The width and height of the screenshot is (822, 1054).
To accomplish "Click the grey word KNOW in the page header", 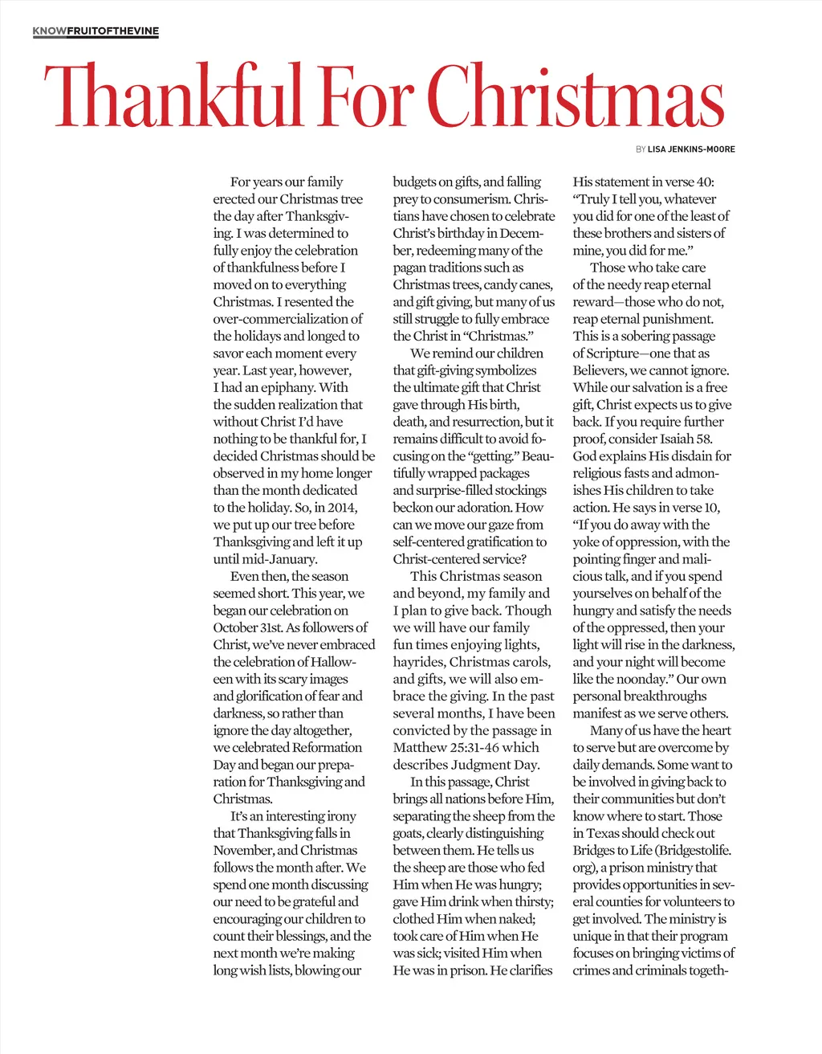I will (50, 31).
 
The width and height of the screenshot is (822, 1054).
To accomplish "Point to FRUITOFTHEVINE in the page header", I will (113, 31).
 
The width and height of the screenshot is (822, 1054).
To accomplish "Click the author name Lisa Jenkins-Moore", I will (691, 149).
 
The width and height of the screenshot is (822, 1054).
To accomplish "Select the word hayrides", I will (418, 662).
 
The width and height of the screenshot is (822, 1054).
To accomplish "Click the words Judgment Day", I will (498, 765).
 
